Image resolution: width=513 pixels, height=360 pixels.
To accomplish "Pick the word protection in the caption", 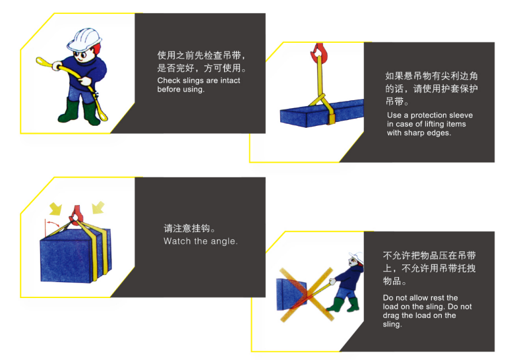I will (x=429, y=115).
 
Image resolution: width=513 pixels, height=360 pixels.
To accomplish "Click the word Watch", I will (x=177, y=241).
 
